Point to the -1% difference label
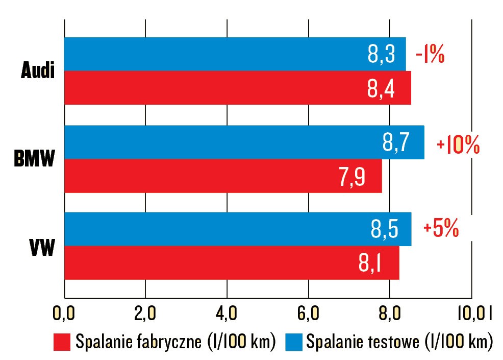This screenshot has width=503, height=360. point(430,55)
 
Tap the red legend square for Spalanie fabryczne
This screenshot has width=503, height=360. point(61,342)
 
